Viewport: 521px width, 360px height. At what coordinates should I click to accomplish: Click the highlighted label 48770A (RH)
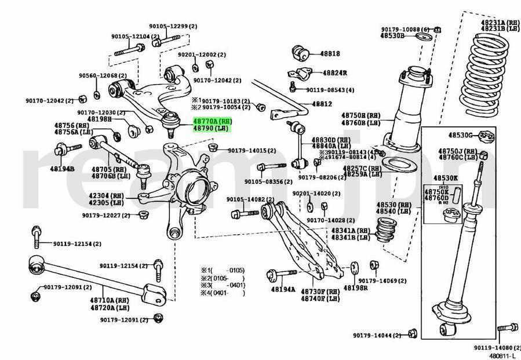(212, 122)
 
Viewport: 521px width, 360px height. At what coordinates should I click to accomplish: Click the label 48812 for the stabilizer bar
(322, 104)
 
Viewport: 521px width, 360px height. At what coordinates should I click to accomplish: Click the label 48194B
(62, 169)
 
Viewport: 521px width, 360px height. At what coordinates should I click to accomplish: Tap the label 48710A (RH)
(109, 300)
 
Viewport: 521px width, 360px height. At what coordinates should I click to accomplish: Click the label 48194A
(283, 289)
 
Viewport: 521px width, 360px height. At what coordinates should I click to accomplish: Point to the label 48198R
(355, 288)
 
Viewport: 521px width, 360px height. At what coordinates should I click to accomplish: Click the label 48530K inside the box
(445, 179)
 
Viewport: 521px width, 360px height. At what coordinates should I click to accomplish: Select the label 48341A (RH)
(351, 230)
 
